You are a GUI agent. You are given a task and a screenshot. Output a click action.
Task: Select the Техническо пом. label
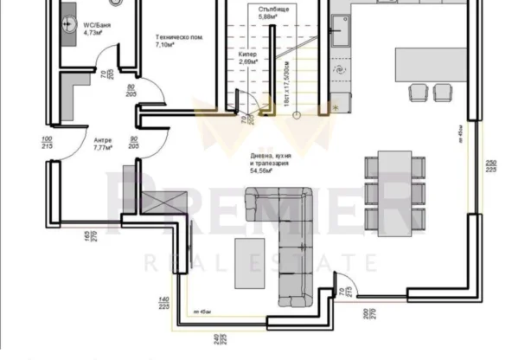(x=179, y=41)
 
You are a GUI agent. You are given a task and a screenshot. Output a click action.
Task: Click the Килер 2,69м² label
(x=249, y=58)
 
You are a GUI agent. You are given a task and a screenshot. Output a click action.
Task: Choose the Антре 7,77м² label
(x=105, y=144)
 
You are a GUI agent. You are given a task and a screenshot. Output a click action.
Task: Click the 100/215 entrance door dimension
(x=46, y=143)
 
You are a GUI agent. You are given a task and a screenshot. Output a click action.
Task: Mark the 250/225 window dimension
(x=490, y=167)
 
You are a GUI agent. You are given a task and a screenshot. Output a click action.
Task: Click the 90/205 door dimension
(x=134, y=143)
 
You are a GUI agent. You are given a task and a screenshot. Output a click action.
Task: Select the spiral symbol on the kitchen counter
(x=340, y=67)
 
